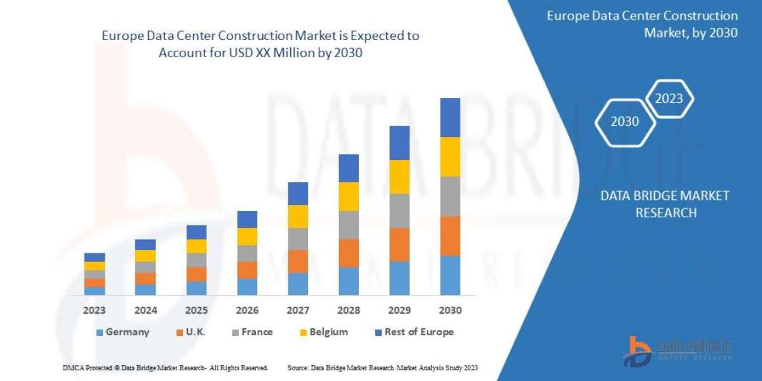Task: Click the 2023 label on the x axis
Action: click(x=94, y=311)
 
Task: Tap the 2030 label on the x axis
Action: click(x=450, y=311)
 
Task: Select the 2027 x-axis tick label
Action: click(x=297, y=311)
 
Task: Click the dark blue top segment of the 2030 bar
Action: click(x=450, y=117)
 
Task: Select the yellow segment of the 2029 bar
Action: click(x=399, y=177)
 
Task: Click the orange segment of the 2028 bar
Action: click(x=348, y=253)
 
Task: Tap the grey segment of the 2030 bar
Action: click(x=450, y=196)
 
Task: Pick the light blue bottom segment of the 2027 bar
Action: click(x=297, y=284)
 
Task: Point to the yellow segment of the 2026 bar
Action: click(x=246, y=236)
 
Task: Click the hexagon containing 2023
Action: click(x=669, y=98)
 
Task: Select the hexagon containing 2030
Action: click(x=625, y=121)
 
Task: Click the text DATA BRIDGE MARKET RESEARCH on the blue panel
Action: click(x=665, y=204)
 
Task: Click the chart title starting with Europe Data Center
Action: click(x=260, y=44)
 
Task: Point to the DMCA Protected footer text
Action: click(x=166, y=368)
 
